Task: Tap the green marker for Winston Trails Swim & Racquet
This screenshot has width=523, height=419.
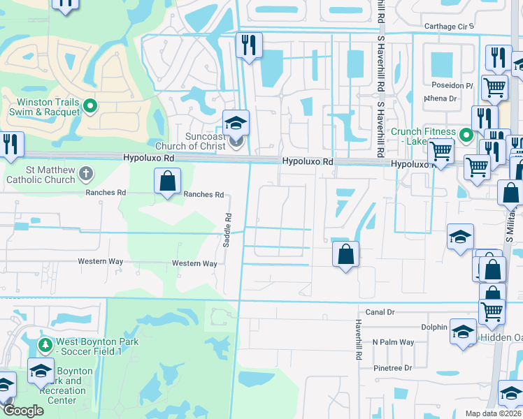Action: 90,107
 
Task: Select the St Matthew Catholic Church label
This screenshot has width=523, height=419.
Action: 41,175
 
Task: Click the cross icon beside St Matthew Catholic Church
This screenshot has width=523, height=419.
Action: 85,172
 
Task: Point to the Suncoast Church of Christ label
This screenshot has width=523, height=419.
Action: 195,141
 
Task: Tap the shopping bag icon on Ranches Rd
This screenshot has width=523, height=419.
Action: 168,182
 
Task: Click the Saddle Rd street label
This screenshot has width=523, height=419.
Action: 227,230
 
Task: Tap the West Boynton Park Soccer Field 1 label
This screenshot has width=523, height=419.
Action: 98,346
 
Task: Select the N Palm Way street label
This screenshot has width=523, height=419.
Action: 393,342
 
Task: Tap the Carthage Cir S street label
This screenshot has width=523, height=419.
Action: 450,27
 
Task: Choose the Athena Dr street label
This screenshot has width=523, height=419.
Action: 440,98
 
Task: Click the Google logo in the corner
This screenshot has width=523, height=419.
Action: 23,411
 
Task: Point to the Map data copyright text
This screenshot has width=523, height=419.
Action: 493,413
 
